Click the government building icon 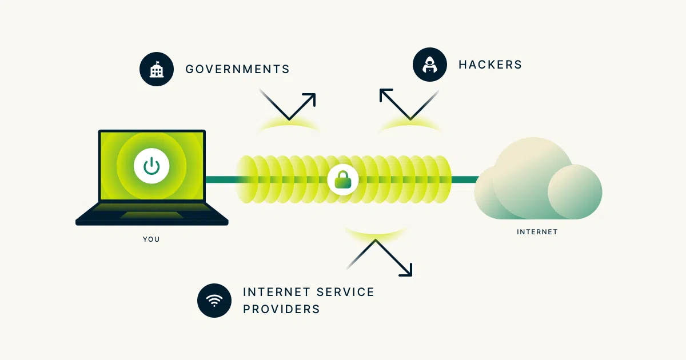tap(157, 69)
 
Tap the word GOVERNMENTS tap(238, 69)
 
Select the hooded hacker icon tap(430, 65)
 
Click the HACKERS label tap(490, 65)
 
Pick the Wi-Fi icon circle tap(214, 301)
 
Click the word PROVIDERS tap(282, 309)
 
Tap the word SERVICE tap(345, 292)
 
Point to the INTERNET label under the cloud tap(537, 232)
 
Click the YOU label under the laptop tap(151, 239)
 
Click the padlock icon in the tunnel tap(343, 179)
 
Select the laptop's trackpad tap(152, 215)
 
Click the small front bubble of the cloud tap(575, 192)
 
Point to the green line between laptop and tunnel tap(221, 179)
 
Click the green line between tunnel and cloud tap(465, 179)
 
